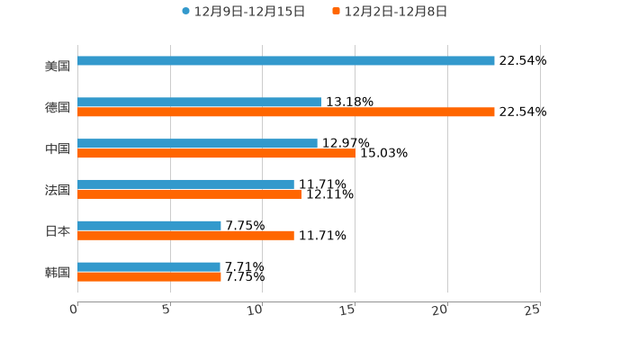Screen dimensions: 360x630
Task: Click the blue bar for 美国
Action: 286,61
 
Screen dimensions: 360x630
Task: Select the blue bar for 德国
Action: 199,103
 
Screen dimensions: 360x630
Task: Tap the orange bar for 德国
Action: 286,112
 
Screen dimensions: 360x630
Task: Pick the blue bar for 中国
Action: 197,144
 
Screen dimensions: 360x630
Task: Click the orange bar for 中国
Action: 217,154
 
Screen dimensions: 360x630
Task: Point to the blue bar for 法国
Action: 185,184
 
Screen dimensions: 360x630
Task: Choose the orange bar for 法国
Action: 189,194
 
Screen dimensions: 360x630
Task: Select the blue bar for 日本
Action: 149,226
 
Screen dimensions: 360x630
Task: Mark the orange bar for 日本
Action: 185,236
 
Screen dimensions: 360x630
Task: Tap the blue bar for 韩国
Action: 148,266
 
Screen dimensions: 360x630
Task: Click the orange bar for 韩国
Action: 149,277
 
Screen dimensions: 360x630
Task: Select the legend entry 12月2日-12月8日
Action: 395,12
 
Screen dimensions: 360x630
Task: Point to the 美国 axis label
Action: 58,66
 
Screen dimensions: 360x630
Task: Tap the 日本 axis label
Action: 58,230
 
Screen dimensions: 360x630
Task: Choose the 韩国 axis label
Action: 58,272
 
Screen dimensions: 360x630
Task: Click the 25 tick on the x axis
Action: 533,310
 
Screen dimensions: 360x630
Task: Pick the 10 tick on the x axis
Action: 256,310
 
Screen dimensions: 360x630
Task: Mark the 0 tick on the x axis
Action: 74,310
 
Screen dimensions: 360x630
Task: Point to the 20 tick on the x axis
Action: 440,310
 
